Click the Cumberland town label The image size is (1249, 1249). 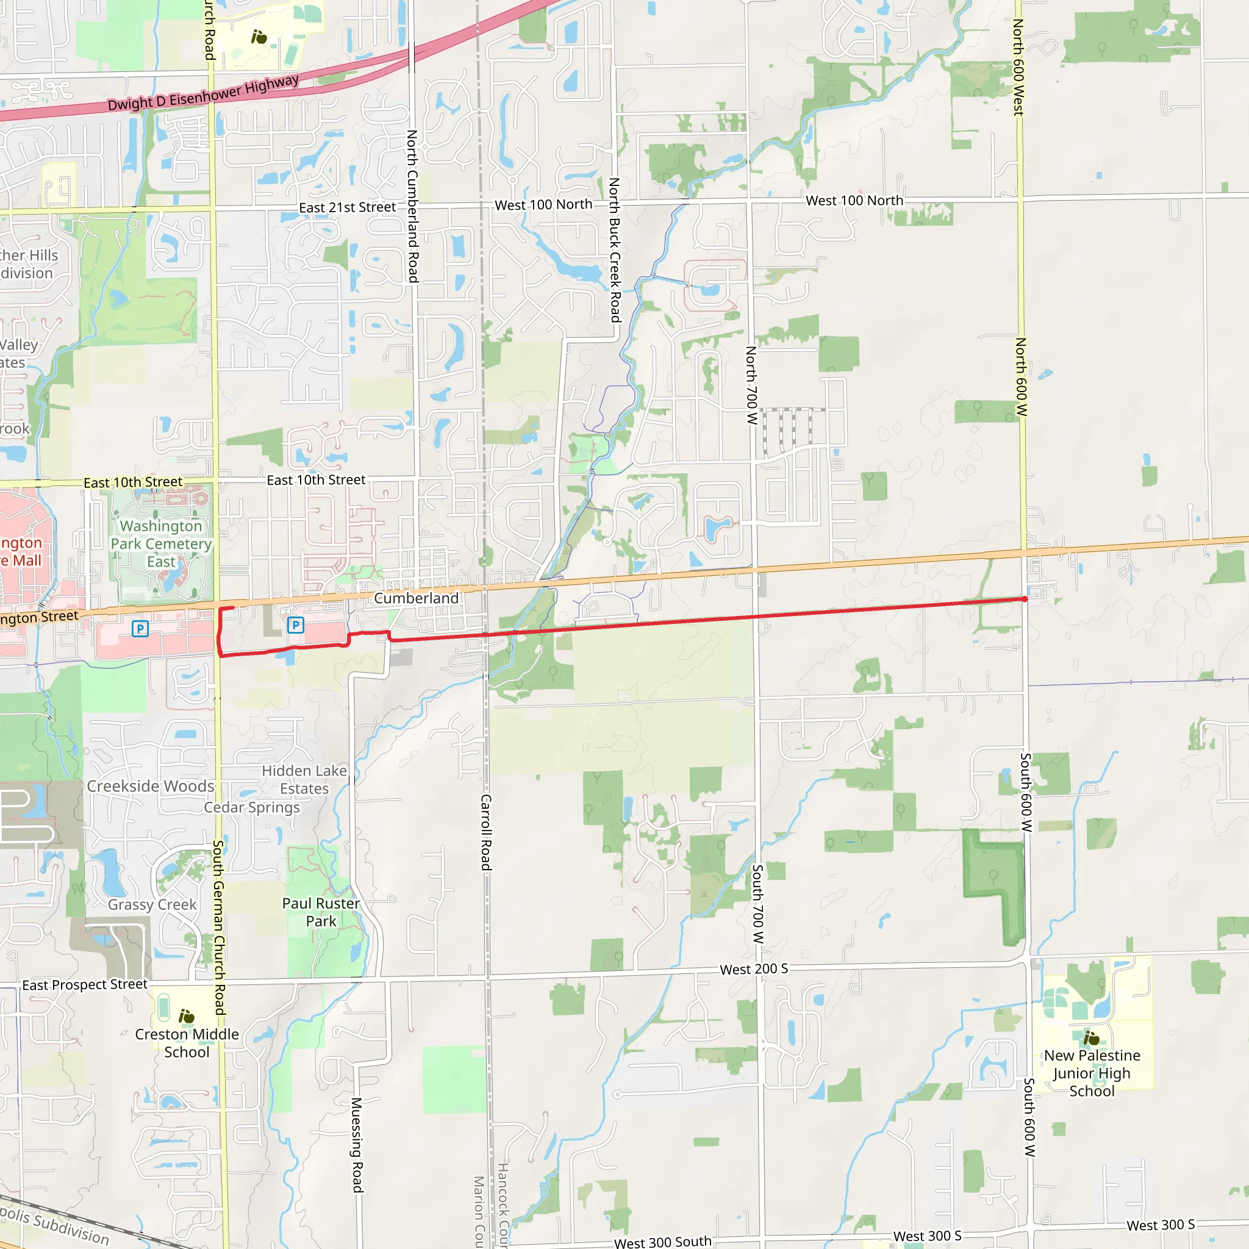pyautogui.click(x=417, y=598)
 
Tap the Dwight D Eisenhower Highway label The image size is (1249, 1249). pyautogui.click(x=203, y=93)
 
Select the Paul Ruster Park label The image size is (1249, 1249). pyautogui.click(x=321, y=912)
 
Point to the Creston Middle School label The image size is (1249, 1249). pyautogui.click(x=187, y=1043)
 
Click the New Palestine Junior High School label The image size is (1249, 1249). pyautogui.click(x=1092, y=1073)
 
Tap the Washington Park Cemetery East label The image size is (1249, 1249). pyautogui.click(x=161, y=543)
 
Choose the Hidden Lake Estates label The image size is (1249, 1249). pyautogui.click(x=304, y=779)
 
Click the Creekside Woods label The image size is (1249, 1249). pyautogui.click(x=151, y=786)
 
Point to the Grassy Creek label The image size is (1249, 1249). pyautogui.click(x=152, y=904)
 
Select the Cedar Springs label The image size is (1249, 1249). pyautogui.click(x=252, y=807)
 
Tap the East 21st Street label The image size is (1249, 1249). pyautogui.click(x=347, y=207)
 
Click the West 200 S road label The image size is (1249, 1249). pyautogui.click(x=754, y=969)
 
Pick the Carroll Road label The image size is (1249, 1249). pyautogui.click(x=485, y=832)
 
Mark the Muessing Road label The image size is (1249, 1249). pyautogui.click(x=357, y=1144)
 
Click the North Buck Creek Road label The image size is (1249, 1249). pyautogui.click(x=615, y=250)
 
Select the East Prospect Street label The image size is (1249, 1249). pyautogui.click(x=85, y=984)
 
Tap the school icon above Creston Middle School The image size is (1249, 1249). pyautogui.click(x=186, y=1016)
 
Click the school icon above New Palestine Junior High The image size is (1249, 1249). pyautogui.click(x=1092, y=1038)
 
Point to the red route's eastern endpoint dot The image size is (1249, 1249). pyautogui.click(x=1025, y=599)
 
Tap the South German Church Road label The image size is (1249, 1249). pyautogui.click(x=219, y=927)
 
